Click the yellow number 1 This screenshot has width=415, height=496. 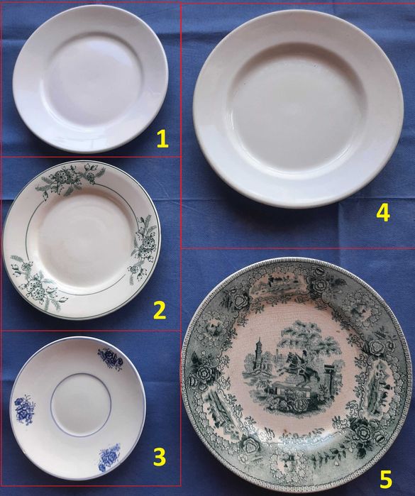(162, 140)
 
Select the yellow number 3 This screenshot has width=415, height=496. (160, 457)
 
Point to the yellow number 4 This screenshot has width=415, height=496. (383, 213)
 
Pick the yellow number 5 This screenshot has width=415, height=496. (386, 480)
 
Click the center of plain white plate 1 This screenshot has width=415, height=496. (91, 79)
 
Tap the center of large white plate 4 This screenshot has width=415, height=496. (298, 109)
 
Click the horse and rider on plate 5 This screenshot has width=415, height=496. (299, 367)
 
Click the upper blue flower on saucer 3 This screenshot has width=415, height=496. (111, 358)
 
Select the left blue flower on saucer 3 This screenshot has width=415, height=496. (24, 409)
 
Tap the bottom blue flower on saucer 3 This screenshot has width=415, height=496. (109, 457)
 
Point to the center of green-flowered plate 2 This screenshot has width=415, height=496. (82, 241)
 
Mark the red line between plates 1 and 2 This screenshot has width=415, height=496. (91, 157)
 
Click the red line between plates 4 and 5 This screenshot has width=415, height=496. (298, 248)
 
